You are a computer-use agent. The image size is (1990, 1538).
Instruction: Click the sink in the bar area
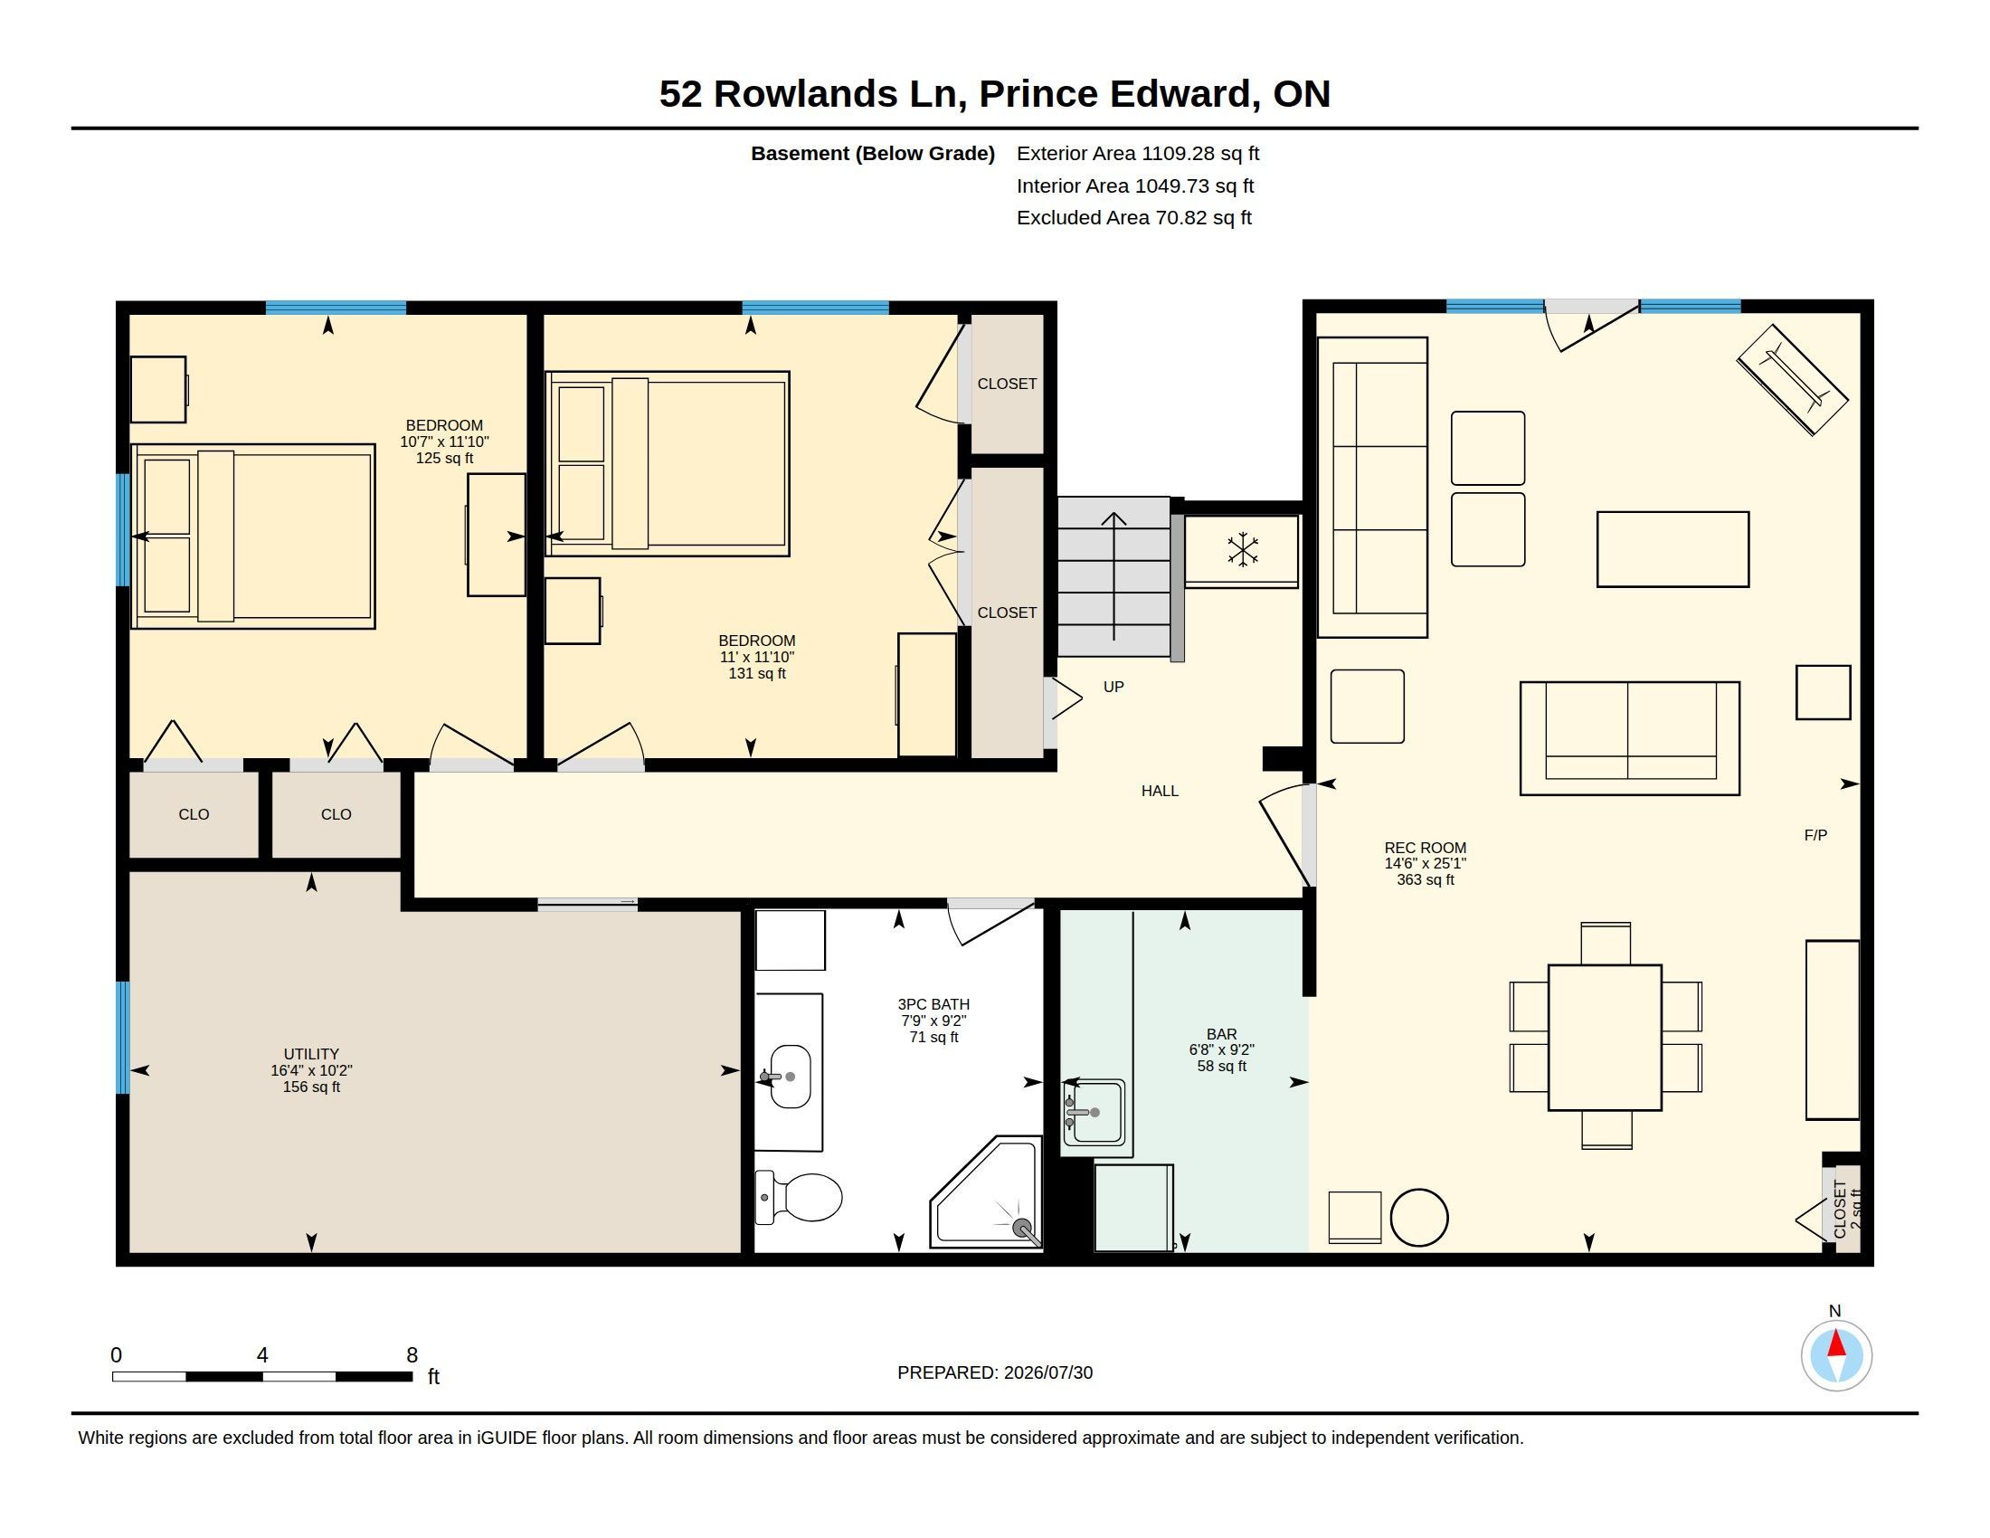(x=1094, y=1113)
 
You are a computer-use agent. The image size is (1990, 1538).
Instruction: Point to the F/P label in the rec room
(x=1815, y=835)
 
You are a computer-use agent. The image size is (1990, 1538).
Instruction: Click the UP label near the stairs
(x=1113, y=687)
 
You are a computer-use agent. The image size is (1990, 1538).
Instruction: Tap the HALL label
(x=1160, y=791)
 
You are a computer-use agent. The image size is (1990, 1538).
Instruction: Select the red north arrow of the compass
(x=1836, y=1343)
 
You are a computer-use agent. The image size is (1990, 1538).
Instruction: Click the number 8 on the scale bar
(x=412, y=1355)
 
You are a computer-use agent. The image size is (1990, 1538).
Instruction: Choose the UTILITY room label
(x=310, y=1054)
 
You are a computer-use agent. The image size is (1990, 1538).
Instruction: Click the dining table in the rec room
(x=1605, y=1037)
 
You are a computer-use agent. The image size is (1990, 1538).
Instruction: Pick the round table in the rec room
(x=1419, y=1217)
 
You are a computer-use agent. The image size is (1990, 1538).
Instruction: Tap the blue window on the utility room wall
(x=123, y=1038)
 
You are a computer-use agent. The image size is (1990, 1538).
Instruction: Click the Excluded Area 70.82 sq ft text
(x=1133, y=218)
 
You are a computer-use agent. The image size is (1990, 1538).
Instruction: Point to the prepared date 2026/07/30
(x=1047, y=1372)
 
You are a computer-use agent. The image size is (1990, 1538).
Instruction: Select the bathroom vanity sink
(x=789, y=1076)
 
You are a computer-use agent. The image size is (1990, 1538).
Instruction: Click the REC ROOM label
(x=1425, y=848)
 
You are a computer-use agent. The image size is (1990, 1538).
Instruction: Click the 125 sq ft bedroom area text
(x=445, y=459)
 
